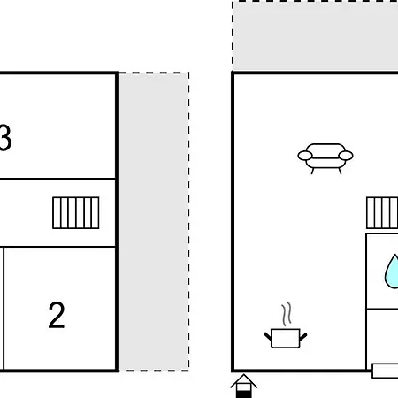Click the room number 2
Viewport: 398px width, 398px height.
point(57,315)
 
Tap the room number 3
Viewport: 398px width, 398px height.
point(5,138)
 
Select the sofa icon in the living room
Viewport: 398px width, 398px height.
point(325,158)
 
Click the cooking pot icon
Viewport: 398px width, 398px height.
point(286,338)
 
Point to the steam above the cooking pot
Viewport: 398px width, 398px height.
point(287,314)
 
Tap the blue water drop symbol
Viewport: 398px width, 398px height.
point(392,272)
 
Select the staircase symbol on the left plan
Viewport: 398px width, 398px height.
point(76,213)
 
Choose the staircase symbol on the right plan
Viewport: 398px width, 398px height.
point(382,213)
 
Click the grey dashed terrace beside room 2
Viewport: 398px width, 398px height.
point(154,222)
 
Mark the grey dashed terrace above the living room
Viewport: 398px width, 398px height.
point(315,35)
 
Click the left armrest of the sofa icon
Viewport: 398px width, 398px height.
point(305,156)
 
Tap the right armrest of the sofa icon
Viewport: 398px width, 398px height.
point(346,156)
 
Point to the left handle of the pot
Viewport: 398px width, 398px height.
point(268,336)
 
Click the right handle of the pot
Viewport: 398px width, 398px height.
point(303,336)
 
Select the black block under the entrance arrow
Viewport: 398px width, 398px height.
point(244,394)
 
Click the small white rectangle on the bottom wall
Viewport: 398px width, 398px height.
point(385,371)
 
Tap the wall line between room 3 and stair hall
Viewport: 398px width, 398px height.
point(57,179)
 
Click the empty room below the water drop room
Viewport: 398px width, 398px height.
point(383,337)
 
